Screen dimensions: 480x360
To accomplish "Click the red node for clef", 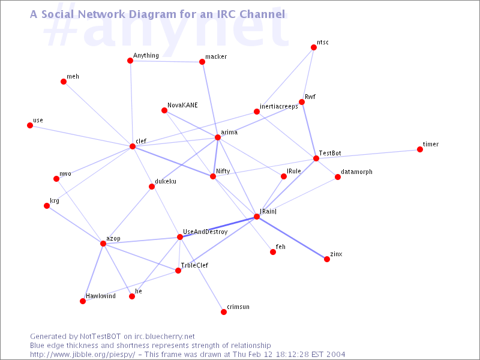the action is (133, 146).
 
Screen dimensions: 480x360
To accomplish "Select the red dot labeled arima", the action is (218, 137).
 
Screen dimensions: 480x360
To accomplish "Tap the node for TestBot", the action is (316, 158).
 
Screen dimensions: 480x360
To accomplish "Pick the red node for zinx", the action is (327, 259).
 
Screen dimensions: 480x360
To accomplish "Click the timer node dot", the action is (420, 149).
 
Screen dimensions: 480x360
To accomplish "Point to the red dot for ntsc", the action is (314, 47).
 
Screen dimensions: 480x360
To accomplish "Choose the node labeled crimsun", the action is (224, 312).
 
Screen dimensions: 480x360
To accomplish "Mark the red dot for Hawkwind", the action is (83, 301).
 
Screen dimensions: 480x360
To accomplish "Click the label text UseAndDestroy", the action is (205, 232).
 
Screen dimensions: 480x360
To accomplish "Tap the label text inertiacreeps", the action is (279, 107).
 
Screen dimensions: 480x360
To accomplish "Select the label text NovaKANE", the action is (182, 105).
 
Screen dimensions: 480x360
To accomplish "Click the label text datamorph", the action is (356, 172).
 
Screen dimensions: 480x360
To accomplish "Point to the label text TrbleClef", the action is (194, 265).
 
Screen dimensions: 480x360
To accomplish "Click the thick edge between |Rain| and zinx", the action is (292, 238).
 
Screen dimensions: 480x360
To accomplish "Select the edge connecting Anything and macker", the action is (166, 61).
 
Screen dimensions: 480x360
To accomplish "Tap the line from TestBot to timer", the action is (368, 154).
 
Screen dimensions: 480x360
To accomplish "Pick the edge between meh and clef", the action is (98, 114).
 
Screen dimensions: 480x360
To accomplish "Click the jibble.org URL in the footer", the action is (82, 355).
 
